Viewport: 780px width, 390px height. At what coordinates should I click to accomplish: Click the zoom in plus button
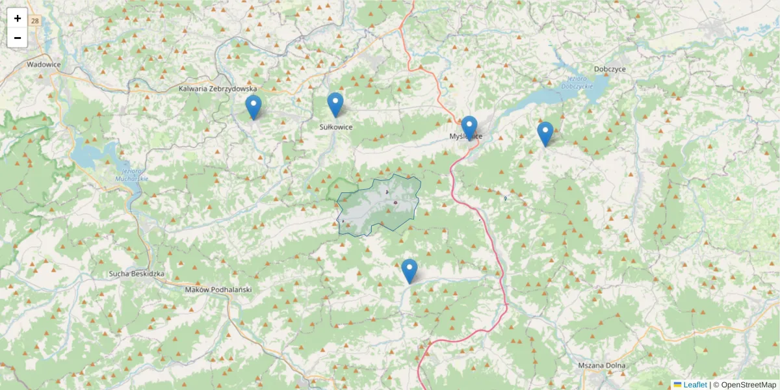[18, 18]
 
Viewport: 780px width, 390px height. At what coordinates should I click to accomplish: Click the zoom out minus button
[18, 38]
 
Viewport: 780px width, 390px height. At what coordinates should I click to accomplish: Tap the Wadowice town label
[44, 64]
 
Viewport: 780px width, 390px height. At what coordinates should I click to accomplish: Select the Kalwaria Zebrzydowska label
[218, 88]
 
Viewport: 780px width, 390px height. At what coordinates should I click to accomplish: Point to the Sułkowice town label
[336, 127]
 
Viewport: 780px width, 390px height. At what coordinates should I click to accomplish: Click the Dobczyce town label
[610, 68]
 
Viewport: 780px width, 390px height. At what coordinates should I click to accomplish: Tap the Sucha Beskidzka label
[137, 274]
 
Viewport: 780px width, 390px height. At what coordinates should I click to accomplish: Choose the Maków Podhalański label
[218, 289]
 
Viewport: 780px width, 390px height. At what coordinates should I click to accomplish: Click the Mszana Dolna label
[601, 365]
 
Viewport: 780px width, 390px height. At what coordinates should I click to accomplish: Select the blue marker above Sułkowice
[335, 105]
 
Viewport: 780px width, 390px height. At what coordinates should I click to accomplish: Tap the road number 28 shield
[35, 21]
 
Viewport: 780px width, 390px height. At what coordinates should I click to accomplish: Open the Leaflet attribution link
[694, 385]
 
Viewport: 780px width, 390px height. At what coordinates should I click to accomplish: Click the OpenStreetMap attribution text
[748, 385]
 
